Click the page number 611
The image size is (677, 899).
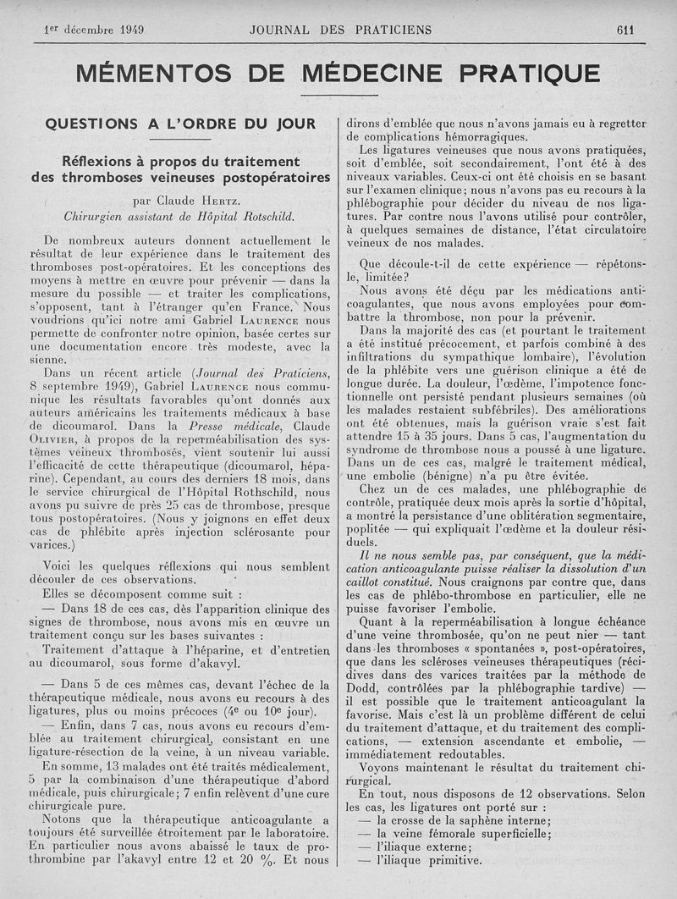point(625,30)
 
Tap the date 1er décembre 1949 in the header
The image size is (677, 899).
point(93,30)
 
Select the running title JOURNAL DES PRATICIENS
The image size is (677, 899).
point(340,30)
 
